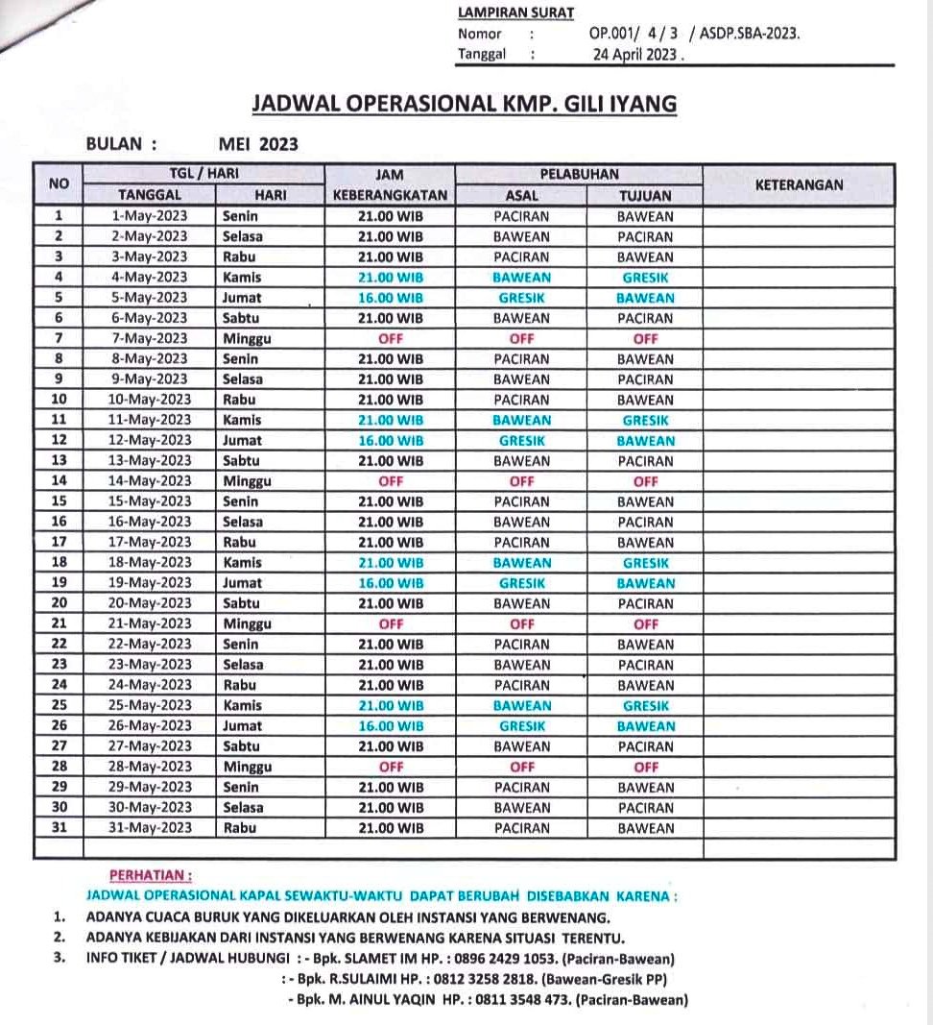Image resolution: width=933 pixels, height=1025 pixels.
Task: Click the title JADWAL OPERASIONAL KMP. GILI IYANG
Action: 464,104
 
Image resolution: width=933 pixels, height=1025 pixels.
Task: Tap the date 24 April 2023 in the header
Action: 637,54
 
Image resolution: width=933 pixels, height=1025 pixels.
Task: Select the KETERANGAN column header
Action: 799,184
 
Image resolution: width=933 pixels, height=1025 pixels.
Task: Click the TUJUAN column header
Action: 645,195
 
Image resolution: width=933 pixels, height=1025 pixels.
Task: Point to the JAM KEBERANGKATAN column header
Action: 390,184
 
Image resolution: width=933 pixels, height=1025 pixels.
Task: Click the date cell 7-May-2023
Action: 149,338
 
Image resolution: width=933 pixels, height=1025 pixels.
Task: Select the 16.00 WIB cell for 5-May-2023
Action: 390,298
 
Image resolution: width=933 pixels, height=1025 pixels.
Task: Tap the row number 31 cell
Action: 59,828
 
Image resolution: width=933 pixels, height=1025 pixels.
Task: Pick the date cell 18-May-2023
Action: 149,563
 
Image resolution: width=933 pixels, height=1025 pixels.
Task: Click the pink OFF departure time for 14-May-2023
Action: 390,481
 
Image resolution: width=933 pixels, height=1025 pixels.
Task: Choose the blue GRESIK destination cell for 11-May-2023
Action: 645,420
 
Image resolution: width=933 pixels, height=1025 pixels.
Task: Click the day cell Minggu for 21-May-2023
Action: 247,624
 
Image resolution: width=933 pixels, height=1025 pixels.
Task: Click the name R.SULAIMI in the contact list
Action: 354,979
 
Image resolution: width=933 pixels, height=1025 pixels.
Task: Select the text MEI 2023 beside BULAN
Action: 258,144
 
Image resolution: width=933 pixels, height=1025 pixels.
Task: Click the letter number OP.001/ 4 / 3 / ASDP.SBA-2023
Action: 694,33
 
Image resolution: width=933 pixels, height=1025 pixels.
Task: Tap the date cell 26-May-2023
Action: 149,726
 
